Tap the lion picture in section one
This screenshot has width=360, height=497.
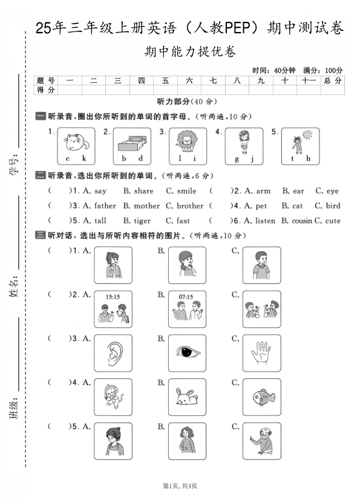pyautogui.click(x=185, y=142)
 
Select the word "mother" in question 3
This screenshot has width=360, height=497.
pyautogui.click(x=147, y=206)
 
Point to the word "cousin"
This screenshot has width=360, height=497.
pyautogui.click(x=302, y=221)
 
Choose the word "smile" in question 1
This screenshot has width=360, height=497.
pyautogui.click(x=187, y=191)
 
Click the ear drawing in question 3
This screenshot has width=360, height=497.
pyautogui.click(x=113, y=355)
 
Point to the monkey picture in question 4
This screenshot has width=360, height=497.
pyautogui.click(x=113, y=398)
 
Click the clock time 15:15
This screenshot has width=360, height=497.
pyautogui.click(x=113, y=297)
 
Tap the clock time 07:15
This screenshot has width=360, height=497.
pyautogui.click(x=186, y=297)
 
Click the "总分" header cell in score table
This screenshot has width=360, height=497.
pyautogui.click(x=332, y=81)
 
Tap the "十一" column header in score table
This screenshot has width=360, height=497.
pyautogui.click(x=309, y=81)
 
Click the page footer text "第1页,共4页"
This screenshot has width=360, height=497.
pyautogui.click(x=180, y=485)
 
